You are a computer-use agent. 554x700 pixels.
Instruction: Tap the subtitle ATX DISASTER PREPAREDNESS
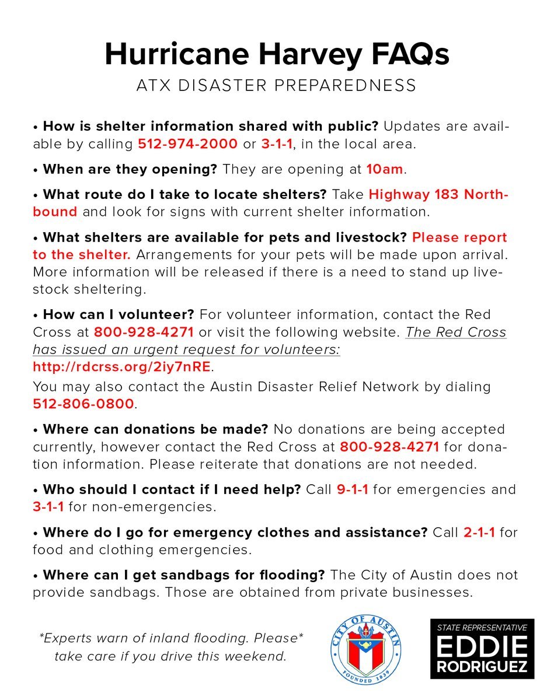(x=276, y=86)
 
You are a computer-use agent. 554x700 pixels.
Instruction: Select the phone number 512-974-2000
(x=187, y=143)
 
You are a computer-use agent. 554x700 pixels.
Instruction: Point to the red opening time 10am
(x=385, y=169)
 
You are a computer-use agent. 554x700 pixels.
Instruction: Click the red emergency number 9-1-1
(x=353, y=489)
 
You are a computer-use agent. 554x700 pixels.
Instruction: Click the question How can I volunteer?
(x=119, y=314)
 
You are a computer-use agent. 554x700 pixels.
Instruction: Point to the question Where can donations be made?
(x=155, y=429)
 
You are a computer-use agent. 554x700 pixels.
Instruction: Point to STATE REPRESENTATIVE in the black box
(x=482, y=628)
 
